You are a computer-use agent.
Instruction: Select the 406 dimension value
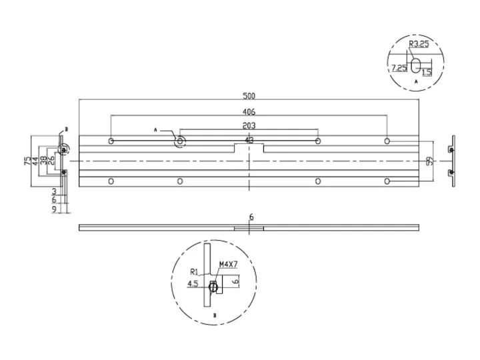point(249,112)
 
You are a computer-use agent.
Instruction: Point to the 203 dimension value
point(249,125)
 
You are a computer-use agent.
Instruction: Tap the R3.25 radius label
point(417,45)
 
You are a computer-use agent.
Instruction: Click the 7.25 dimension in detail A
point(399,67)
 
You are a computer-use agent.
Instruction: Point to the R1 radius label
point(194,271)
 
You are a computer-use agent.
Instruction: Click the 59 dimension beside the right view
point(430,161)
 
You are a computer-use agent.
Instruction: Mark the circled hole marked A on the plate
point(180,141)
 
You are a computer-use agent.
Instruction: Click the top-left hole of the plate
point(111,141)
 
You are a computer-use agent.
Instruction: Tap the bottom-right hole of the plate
point(387,181)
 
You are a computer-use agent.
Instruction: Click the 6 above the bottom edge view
point(251,217)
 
